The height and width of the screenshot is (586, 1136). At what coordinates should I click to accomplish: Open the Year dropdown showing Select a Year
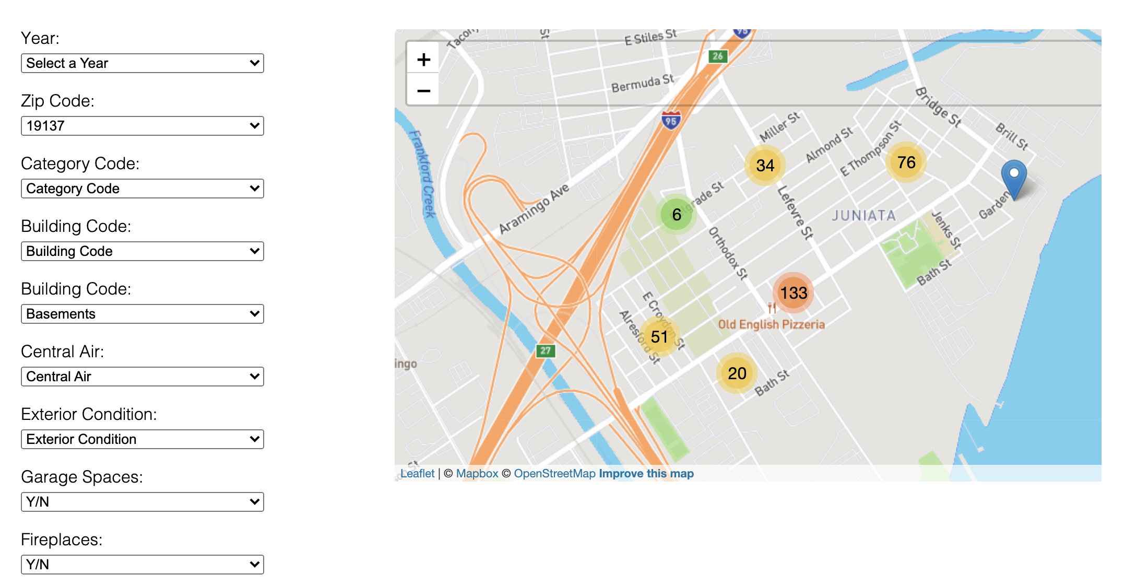click(142, 63)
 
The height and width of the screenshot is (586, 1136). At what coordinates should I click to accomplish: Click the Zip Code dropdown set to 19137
click(142, 126)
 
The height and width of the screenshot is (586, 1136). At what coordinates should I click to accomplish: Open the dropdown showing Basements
click(142, 314)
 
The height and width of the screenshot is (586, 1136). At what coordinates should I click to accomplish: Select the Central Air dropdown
click(142, 377)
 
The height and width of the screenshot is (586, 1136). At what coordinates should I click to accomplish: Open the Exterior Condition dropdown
click(142, 439)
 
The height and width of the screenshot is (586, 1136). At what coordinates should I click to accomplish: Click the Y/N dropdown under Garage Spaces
click(142, 502)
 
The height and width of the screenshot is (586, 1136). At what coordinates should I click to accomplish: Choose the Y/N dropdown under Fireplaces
click(142, 565)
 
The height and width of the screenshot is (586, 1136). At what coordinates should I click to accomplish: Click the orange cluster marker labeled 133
click(793, 293)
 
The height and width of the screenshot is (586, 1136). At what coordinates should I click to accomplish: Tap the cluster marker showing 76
click(906, 162)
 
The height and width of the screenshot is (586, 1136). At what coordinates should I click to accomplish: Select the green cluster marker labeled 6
click(676, 215)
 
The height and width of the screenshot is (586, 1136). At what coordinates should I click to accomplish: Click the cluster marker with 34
click(765, 166)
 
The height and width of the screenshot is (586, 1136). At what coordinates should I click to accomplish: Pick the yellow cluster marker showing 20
click(737, 373)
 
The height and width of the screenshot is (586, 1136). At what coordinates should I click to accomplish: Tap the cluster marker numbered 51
click(659, 337)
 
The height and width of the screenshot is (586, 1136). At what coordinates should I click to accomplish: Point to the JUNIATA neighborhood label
click(863, 216)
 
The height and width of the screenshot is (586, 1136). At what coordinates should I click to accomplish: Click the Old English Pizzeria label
click(771, 324)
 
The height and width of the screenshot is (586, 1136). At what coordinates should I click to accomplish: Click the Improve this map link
click(646, 474)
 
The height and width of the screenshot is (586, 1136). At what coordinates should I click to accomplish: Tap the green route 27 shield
click(545, 350)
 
